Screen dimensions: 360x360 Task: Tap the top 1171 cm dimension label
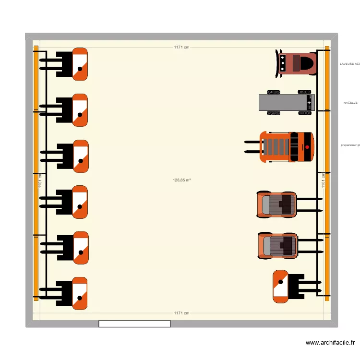click(x=181, y=47)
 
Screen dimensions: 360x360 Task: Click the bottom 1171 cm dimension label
click(x=181, y=313)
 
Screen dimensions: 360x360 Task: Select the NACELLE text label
click(x=350, y=103)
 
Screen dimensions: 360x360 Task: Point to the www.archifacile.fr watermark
click(x=330, y=343)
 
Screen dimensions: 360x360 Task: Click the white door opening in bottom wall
click(x=134, y=324)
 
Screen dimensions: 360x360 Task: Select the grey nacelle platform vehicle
click(x=287, y=103)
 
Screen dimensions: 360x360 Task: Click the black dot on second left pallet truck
click(x=80, y=114)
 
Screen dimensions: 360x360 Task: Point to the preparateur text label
click(x=350, y=145)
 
